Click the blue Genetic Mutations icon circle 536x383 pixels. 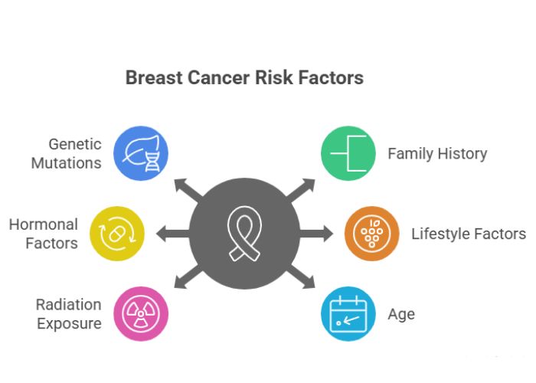pyautogui.click(x=141, y=152)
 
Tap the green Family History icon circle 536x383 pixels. pyautogui.click(x=348, y=152)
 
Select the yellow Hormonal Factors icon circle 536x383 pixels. pyautogui.click(x=117, y=233)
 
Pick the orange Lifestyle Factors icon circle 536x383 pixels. pyautogui.click(x=371, y=233)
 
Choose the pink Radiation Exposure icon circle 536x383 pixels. pyautogui.click(x=141, y=313)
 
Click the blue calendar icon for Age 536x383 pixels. pyautogui.click(x=348, y=313)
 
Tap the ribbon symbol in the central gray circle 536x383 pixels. pyautogui.click(x=244, y=233)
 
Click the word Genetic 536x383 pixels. pyautogui.click(x=74, y=143)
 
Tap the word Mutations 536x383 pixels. pyautogui.click(x=66, y=162)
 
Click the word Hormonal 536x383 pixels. pyautogui.click(x=43, y=224)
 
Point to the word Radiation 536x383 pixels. pyautogui.click(x=68, y=304)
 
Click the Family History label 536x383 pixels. pyautogui.click(x=436, y=153)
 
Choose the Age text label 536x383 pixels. pyautogui.click(x=401, y=314)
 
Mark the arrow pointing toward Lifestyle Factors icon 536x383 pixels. pyautogui.click(x=320, y=233)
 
